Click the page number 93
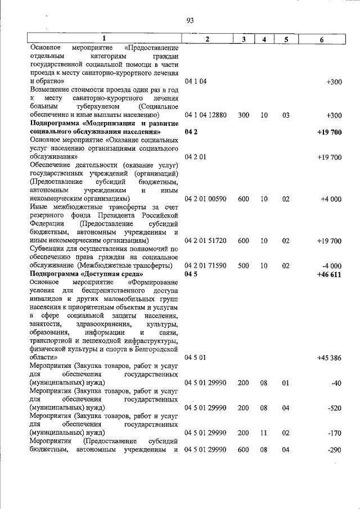point(190,21)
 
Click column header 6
point(321,39)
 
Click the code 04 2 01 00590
point(205,199)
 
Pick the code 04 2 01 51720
point(205,241)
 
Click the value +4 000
point(331,199)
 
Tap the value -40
point(336,383)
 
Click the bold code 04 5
point(192,274)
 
